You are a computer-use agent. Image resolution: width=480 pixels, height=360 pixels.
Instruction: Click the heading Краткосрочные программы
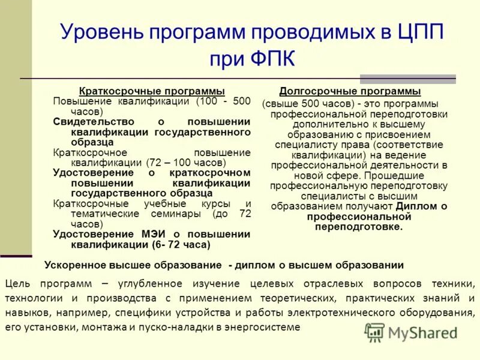(x=152, y=91)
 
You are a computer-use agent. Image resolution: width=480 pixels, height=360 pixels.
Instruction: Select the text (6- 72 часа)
(x=182, y=244)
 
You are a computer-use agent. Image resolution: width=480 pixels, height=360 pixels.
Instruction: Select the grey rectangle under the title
(x=407, y=79)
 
